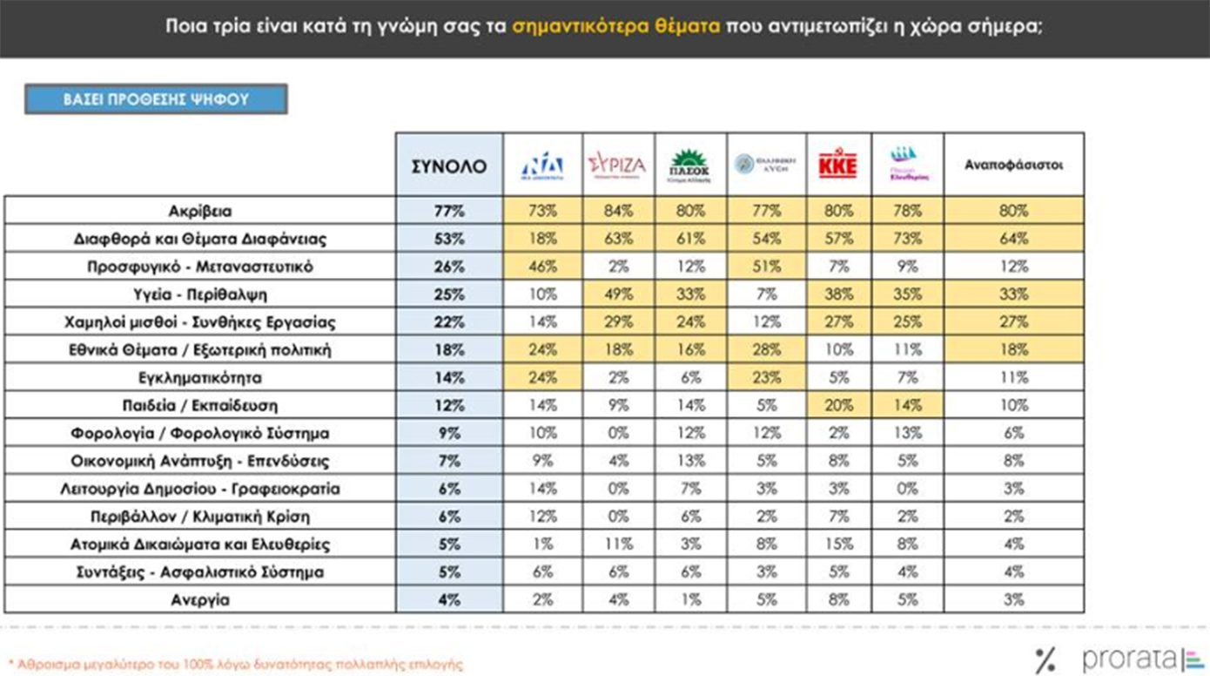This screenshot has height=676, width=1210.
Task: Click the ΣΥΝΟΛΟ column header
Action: (449, 165)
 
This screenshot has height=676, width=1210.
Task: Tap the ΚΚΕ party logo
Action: (838, 165)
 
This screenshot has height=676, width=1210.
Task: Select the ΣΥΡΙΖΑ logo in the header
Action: (617, 165)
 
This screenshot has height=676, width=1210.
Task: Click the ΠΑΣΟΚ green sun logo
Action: (689, 163)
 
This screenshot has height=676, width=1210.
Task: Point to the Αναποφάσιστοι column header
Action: (1013, 165)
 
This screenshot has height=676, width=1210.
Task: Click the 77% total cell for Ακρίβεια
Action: (449, 211)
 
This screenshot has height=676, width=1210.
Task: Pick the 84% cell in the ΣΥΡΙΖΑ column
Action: (617, 211)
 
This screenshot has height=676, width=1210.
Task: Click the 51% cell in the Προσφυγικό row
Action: (767, 267)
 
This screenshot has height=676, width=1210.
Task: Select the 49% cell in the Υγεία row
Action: (617, 294)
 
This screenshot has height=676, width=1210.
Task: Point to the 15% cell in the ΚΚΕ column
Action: (838, 544)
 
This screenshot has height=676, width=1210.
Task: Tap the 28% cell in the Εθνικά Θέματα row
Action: (767, 350)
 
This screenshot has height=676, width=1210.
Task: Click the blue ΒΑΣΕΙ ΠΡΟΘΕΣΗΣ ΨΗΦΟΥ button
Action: (156, 99)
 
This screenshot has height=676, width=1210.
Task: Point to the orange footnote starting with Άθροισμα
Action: (235, 664)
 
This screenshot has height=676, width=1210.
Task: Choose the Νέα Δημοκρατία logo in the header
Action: (541, 165)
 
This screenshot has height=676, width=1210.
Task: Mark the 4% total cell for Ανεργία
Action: (449, 600)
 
